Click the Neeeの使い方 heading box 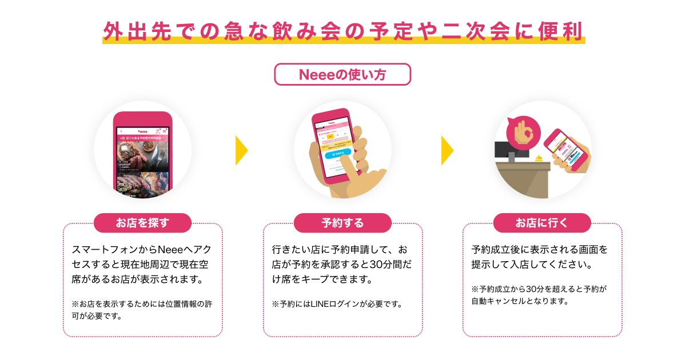pos(342,74)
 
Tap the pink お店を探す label pos(143,223)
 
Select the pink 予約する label pos(342,223)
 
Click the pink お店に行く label pos(542,223)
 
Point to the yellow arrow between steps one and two pos(241,150)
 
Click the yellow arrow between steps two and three pos(447,150)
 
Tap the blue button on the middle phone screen pos(336,154)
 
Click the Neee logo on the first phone pos(142,130)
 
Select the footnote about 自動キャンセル pos(537,295)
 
